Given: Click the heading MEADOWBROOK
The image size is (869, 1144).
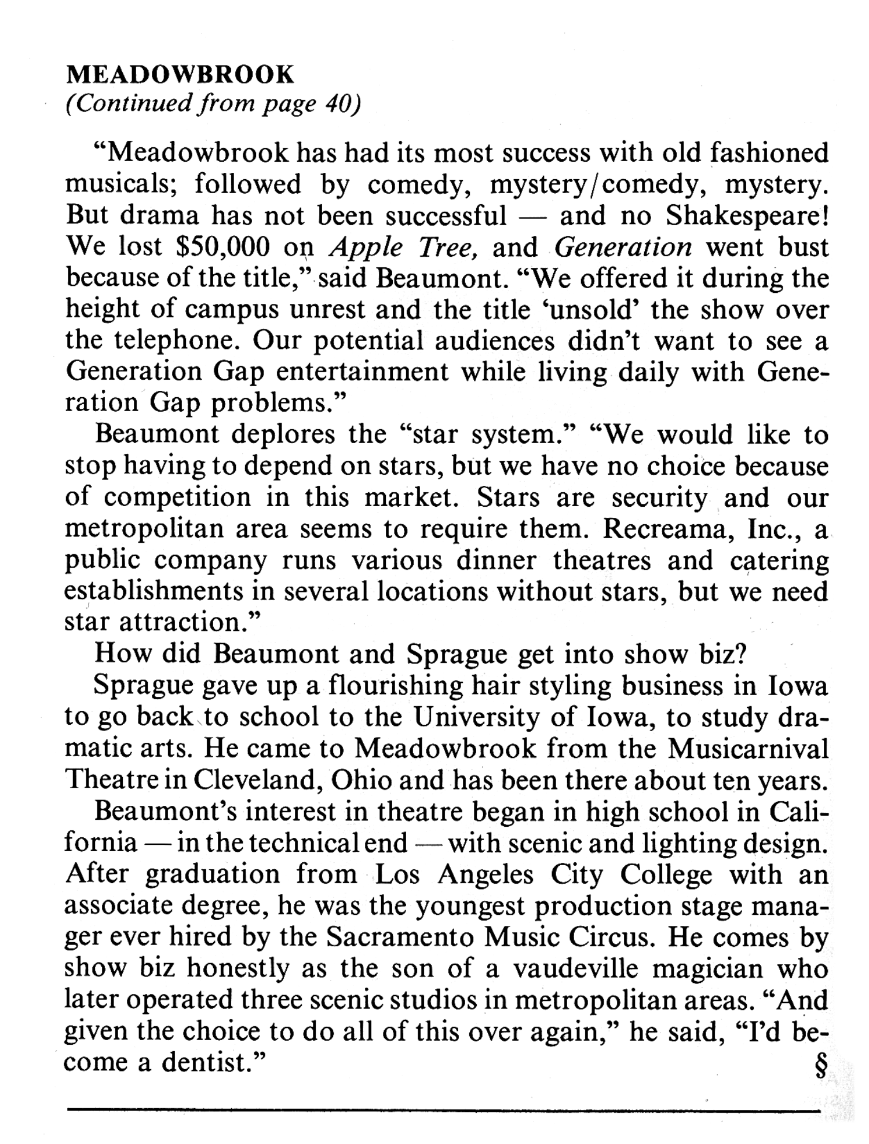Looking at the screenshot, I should (180, 75).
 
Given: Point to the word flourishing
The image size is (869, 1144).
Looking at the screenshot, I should (395, 686).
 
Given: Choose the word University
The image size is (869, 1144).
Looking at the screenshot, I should (477, 717).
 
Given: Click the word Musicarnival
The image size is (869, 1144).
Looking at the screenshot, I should (748, 749).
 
